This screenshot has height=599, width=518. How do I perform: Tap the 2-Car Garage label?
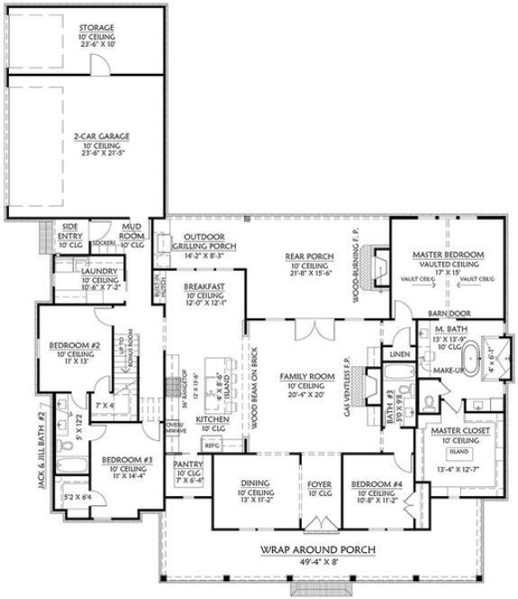pyautogui.click(x=102, y=136)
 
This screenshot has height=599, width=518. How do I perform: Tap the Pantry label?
pyautogui.click(x=188, y=465)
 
